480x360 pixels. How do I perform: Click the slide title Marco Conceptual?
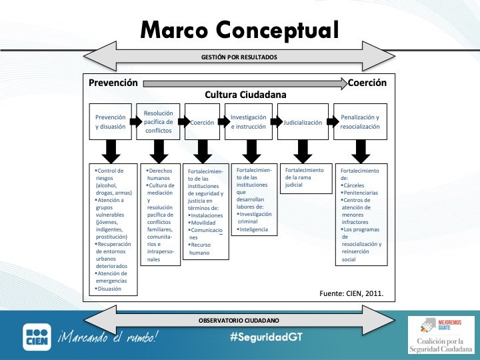click(239, 29)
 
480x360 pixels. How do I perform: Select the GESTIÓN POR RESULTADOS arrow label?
click(239, 57)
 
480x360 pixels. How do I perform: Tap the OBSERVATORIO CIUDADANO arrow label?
click(239, 320)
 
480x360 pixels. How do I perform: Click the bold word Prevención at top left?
click(113, 83)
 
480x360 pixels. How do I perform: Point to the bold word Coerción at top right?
click(367, 83)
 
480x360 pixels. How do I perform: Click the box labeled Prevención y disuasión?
click(111, 121)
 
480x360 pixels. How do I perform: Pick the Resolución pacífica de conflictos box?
click(159, 121)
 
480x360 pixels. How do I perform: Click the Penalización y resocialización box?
click(359, 121)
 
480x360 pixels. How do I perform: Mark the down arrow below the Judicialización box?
click(303, 151)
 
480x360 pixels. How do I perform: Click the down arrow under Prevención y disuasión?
click(111, 151)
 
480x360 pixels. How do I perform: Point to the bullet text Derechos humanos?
click(160, 174)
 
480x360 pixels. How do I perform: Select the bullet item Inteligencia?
click(254, 229)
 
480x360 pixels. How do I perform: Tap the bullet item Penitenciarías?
click(363, 193)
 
